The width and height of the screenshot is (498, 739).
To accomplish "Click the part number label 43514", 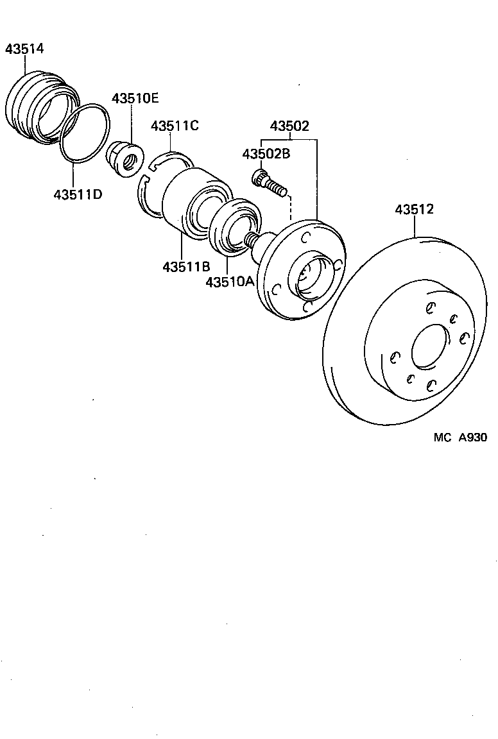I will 24,49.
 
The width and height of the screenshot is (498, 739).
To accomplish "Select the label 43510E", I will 135,99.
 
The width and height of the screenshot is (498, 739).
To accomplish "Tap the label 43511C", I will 175,126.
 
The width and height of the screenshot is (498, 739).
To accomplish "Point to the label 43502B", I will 266,155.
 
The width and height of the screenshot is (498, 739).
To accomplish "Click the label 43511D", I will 78,193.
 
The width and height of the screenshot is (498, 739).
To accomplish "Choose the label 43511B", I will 186,266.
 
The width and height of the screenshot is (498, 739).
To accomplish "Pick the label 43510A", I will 230,281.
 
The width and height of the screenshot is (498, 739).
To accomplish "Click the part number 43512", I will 415,209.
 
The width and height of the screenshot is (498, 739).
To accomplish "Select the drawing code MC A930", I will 460,437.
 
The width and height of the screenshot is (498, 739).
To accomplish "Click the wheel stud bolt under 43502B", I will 270,182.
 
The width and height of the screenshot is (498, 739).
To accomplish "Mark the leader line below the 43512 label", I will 415,227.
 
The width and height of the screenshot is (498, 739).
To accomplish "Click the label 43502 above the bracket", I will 289,126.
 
